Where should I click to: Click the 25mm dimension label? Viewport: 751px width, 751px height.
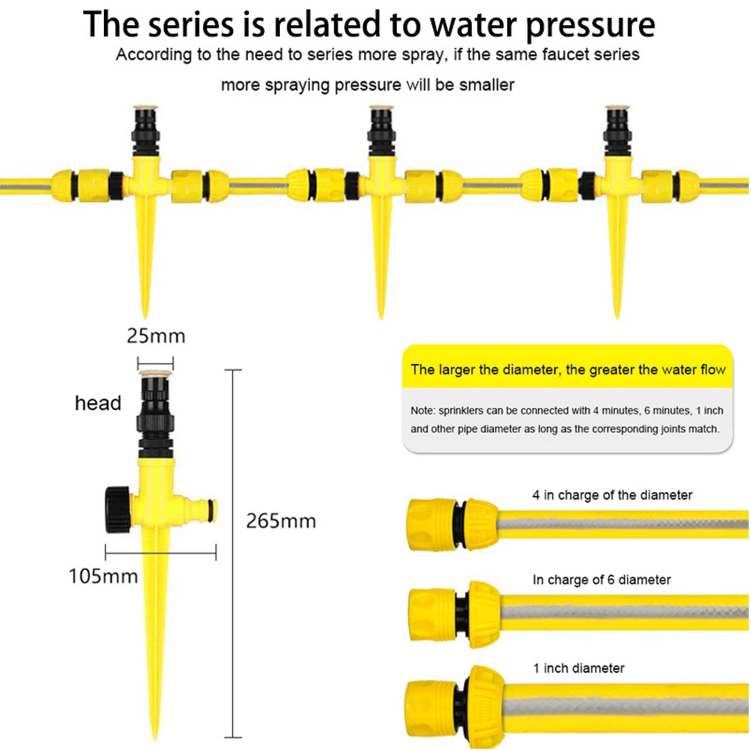[x=156, y=336]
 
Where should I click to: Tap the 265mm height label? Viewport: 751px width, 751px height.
[x=281, y=521]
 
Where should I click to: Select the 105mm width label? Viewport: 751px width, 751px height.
[x=103, y=576]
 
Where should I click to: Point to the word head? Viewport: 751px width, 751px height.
[x=98, y=403]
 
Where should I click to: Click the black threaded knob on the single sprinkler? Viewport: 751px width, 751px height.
[x=117, y=510]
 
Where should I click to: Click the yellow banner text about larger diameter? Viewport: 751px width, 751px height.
[x=567, y=369]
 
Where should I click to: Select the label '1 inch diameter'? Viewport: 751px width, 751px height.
[x=578, y=668]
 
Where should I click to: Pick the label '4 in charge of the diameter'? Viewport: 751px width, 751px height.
[x=612, y=495]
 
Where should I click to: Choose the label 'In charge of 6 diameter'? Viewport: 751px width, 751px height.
[x=601, y=580]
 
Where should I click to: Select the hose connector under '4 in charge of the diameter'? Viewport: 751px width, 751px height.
[x=451, y=524]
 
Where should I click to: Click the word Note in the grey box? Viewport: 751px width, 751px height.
[x=422, y=411]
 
